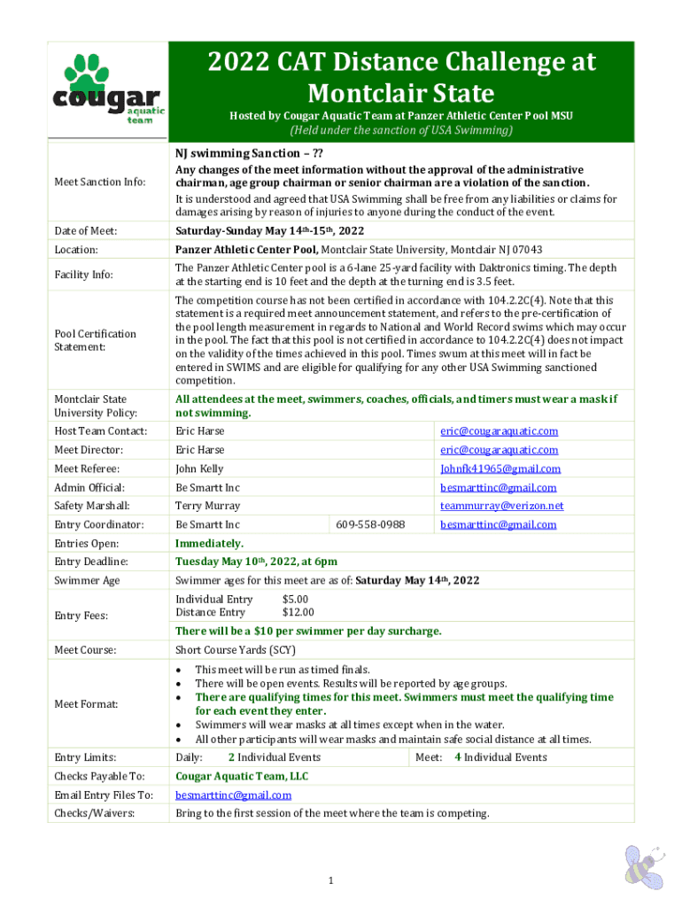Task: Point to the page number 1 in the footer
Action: click(x=329, y=880)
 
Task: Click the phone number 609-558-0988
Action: click(x=370, y=524)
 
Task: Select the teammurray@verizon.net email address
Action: click(x=501, y=506)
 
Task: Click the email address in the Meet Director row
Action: click(x=500, y=450)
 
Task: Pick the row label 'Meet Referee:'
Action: click(x=87, y=469)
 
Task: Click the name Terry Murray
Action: click(x=207, y=506)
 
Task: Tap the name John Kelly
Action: click(x=199, y=469)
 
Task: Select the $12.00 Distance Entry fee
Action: click(x=298, y=612)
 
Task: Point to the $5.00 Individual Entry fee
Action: click(x=295, y=600)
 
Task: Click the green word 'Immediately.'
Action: click(x=209, y=543)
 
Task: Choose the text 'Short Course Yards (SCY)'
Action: click(x=236, y=650)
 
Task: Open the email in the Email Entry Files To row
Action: click(x=233, y=795)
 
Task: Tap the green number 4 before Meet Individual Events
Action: click(x=457, y=757)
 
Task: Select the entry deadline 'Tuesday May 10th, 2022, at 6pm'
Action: click(x=256, y=562)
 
